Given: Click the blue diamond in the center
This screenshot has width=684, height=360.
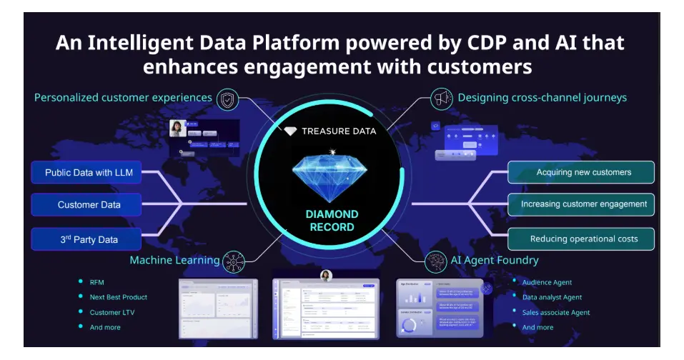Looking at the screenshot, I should (x=329, y=174).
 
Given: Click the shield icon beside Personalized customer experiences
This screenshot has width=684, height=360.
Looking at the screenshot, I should (x=227, y=99).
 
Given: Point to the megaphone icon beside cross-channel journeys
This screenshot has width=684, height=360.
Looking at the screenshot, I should (x=441, y=98).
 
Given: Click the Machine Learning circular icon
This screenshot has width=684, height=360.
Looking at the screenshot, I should (x=234, y=261).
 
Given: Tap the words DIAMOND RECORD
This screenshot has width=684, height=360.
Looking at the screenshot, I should (x=331, y=221).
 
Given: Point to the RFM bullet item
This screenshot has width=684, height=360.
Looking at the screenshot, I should (x=97, y=282).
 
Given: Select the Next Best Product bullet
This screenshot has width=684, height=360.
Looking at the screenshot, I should (x=118, y=297).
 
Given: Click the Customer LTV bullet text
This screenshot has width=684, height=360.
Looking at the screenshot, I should (x=111, y=312).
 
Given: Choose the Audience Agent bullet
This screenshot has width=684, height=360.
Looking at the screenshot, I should (x=547, y=282).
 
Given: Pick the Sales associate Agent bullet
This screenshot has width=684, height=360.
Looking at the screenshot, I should (x=555, y=312).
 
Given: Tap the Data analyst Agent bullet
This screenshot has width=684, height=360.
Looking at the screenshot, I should (x=552, y=297).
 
